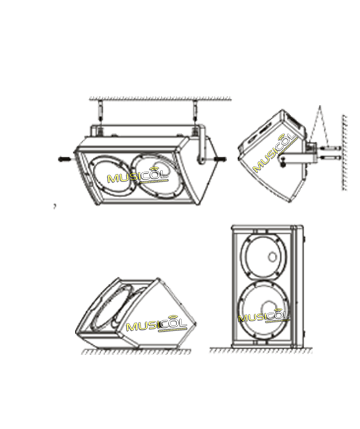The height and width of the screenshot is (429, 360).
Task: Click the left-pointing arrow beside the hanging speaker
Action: point(65,159)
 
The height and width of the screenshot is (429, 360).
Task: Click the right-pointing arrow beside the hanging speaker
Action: point(221,159)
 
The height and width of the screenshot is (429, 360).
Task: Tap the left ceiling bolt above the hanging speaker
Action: point(100,111)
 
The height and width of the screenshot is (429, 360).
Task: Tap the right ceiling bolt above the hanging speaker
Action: point(195,111)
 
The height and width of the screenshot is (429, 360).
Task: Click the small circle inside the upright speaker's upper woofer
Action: point(272,257)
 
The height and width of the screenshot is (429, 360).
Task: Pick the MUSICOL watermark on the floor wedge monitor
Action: point(156,323)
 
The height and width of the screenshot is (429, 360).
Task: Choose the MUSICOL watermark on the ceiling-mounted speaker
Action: point(138,175)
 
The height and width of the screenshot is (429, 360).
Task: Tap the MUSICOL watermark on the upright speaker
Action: point(263,316)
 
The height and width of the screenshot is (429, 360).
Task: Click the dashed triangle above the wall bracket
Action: point(319,126)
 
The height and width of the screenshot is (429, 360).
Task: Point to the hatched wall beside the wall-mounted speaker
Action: point(344,152)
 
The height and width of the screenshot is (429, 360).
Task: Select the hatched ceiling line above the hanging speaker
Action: point(160,99)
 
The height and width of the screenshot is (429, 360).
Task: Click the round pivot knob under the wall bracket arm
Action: point(283,164)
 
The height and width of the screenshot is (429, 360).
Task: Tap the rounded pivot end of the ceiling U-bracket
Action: point(201,160)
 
